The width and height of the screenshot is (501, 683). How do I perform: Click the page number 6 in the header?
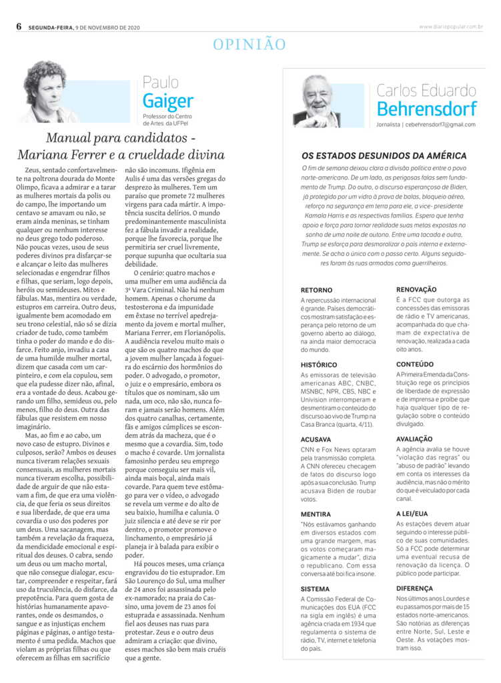pyautogui.click(x=19, y=26)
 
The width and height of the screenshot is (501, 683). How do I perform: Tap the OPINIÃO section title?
pyautogui.click(x=249, y=45)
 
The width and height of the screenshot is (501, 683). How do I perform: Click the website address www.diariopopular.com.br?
pyautogui.click(x=451, y=27)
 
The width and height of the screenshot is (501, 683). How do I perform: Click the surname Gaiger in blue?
pyautogui.click(x=167, y=101)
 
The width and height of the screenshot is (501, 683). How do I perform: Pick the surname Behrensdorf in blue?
pyautogui.click(x=426, y=109)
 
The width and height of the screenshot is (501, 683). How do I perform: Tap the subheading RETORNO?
pyautogui.click(x=316, y=291)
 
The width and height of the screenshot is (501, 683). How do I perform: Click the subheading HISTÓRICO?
pyautogui.click(x=319, y=365)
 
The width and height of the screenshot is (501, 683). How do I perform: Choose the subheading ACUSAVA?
pyautogui.click(x=316, y=440)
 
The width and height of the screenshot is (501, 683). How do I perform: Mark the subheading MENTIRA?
pyautogui.click(x=316, y=514)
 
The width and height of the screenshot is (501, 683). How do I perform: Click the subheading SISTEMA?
pyautogui.click(x=315, y=590)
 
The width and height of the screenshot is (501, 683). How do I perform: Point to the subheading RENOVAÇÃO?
pyautogui.click(x=416, y=289)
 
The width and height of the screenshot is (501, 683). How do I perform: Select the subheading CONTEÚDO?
pyautogui.click(x=415, y=365)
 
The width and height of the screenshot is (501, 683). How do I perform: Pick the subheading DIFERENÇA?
pyautogui.click(x=415, y=589)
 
